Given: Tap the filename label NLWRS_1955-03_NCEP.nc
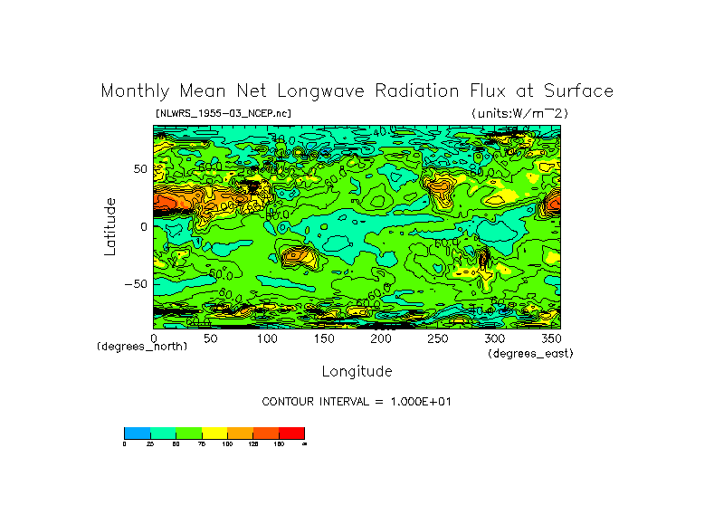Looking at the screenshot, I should point(223,113).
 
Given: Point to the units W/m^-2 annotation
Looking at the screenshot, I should point(519,113).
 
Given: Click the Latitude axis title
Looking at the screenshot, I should point(110,226).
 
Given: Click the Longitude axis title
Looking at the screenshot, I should point(357,371).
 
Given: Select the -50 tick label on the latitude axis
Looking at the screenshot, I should point(135,283).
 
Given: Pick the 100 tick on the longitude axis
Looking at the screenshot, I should point(267,338).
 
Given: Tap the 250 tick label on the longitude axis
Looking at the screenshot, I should point(437,338).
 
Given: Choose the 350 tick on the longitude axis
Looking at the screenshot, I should point(550,338).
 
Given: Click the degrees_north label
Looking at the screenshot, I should point(142,347).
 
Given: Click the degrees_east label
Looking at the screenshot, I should point(530,354).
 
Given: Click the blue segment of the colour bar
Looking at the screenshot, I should point(137,433).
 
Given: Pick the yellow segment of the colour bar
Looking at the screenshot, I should point(214,433).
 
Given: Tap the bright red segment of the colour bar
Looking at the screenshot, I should point(291,433).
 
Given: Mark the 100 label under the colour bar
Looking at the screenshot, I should point(227,444).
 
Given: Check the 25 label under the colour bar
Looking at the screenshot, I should point(150,444).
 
